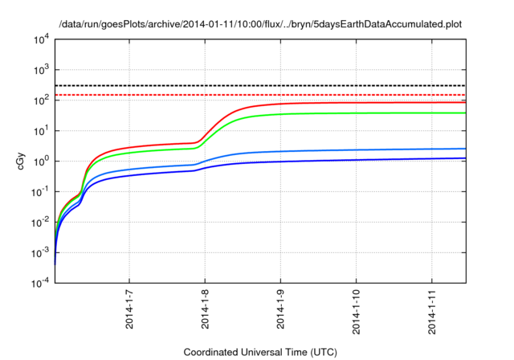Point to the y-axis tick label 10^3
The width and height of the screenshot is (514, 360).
(39, 70)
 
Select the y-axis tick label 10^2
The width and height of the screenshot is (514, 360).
(39, 100)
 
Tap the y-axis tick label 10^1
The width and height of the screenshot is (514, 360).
(39, 130)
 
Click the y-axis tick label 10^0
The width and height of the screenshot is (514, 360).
(39, 161)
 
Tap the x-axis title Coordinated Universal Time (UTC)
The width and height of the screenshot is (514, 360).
(260, 352)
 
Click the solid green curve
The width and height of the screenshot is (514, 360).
(361, 112)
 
